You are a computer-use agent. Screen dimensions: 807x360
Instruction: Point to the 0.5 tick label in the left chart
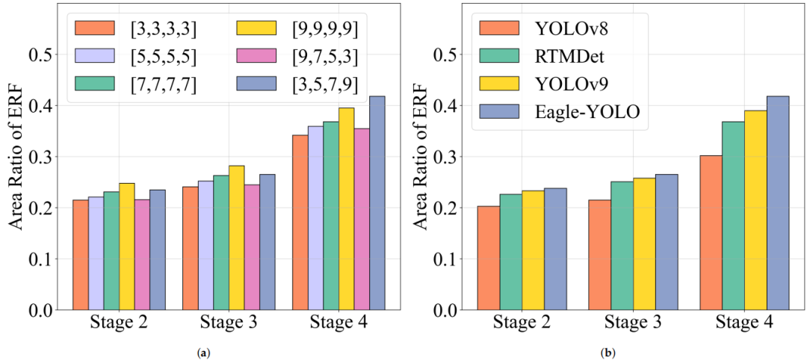tap(39, 55)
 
